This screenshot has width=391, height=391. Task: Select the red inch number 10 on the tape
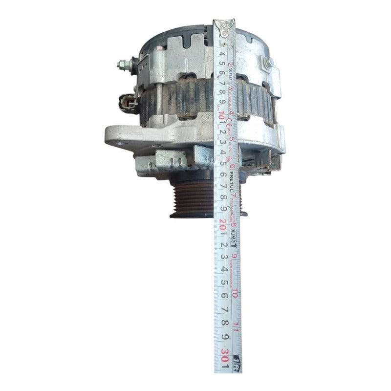tap(236, 293)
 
